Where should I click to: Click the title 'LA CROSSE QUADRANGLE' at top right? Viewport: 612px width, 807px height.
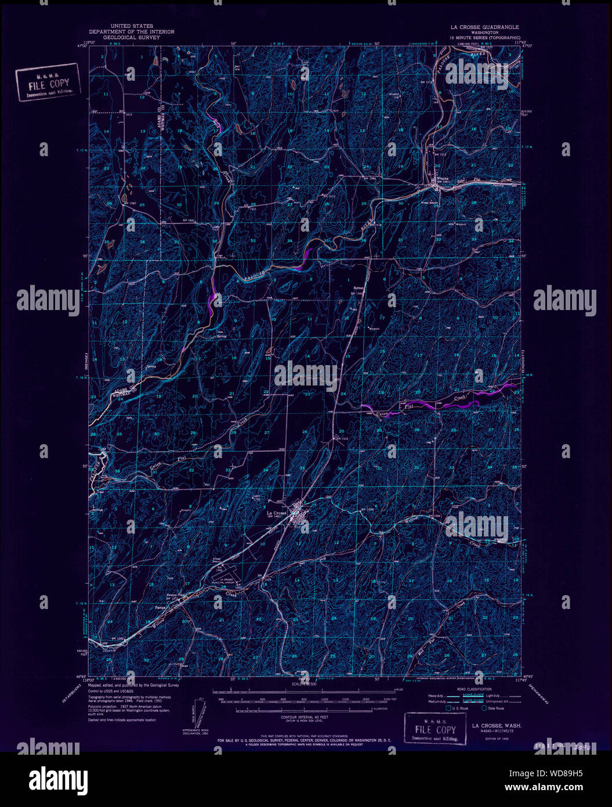click(485, 27)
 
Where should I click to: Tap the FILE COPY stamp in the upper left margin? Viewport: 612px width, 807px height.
click(48, 84)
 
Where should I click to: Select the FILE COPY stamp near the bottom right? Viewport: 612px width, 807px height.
click(435, 729)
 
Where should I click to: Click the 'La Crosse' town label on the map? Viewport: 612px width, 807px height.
click(277, 513)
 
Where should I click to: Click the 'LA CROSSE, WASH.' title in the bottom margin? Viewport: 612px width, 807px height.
click(496, 726)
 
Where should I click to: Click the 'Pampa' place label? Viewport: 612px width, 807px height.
click(161, 607)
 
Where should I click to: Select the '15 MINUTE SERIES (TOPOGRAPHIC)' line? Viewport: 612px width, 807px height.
click(485, 37)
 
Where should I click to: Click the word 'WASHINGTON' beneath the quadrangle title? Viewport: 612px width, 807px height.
click(485, 33)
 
